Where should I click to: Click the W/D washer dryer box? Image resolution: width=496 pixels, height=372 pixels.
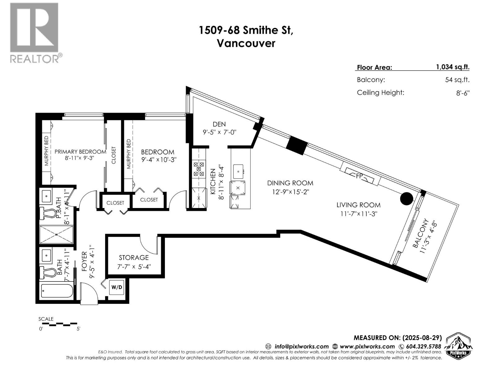point(117,287)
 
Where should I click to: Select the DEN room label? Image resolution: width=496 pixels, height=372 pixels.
point(219,124)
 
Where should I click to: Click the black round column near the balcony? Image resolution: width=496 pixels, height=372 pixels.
point(406,199)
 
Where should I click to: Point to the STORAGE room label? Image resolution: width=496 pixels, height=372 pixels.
point(134,258)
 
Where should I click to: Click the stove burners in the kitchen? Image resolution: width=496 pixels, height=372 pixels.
point(199,169)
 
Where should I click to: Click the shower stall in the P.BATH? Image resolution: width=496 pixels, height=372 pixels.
point(56,235)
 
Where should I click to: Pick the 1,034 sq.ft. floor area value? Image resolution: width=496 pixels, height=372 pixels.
point(452,67)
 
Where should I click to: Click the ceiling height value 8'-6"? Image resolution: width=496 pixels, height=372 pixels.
point(463,93)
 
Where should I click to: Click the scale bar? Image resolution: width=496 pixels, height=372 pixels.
point(58,324)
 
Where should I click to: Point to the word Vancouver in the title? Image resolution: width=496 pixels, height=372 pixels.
point(246,43)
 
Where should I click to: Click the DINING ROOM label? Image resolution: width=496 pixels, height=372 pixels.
point(290,183)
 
